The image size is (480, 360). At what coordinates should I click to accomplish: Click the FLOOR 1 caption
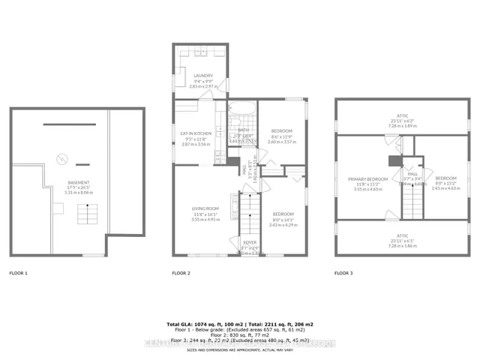tap(18, 273)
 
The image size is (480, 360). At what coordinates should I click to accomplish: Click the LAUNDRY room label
tap(202, 76)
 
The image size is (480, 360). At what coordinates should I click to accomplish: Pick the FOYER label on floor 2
tap(249, 242)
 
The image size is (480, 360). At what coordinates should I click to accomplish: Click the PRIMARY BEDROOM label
tap(367, 180)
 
